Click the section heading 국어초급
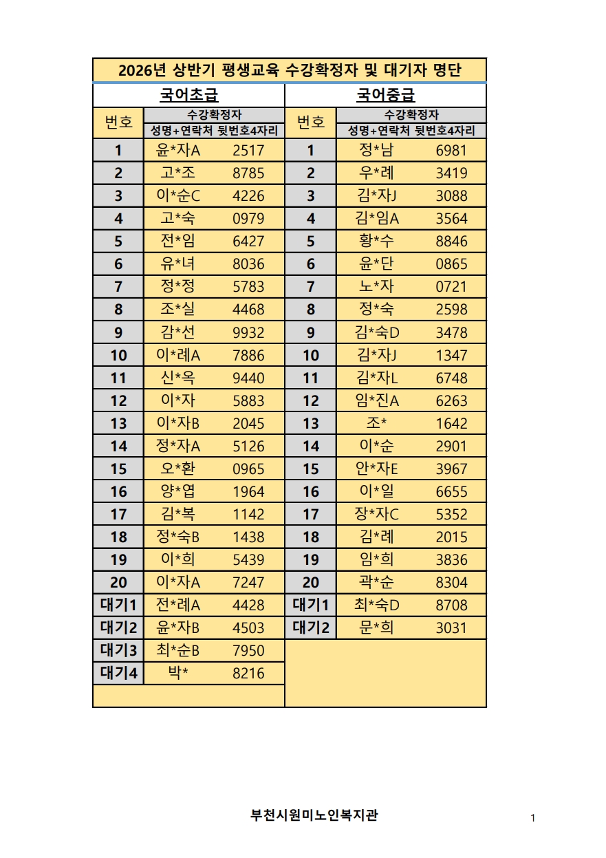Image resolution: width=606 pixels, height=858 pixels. (x=188, y=95)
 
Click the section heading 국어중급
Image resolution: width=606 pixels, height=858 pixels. (x=385, y=95)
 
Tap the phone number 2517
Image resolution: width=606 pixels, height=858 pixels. (x=248, y=151)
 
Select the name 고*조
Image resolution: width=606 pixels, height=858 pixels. (x=178, y=173)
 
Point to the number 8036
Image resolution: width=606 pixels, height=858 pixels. (x=248, y=264)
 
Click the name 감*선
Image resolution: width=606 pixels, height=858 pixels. (x=178, y=332)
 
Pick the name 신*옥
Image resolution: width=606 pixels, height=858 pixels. (x=178, y=378)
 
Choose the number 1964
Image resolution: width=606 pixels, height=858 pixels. (x=248, y=492)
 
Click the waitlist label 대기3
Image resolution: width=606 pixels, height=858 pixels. (x=118, y=651)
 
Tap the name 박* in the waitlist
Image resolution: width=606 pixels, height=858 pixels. (x=178, y=674)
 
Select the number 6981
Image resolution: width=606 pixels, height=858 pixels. (x=451, y=151)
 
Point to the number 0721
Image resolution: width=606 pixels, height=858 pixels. (x=451, y=287)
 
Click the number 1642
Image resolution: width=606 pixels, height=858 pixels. (x=451, y=424)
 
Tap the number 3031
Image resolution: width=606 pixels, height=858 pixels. (x=451, y=628)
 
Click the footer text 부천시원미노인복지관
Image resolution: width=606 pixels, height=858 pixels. (x=314, y=816)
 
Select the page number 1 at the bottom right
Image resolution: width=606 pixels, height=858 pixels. (x=533, y=818)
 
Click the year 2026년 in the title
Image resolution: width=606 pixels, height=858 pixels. (x=142, y=71)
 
